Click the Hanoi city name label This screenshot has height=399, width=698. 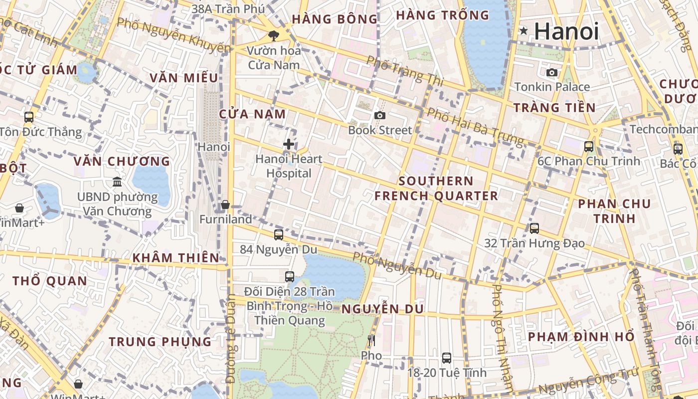pyautogui.click(x=566, y=31)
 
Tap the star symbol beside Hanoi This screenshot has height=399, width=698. pyautogui.click(x=523, y=31)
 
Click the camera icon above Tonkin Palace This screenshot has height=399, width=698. pyautogui.click(x=552, y=72)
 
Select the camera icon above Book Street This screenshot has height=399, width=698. pyautogui.click(x=380, y=115)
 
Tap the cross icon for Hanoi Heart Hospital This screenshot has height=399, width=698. pyautogui.click(x=288, y=144)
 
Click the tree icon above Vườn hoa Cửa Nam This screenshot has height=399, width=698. pyautogui.click(x=273, y=35)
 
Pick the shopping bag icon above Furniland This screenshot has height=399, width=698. pyautogui.click(x=225, y=204)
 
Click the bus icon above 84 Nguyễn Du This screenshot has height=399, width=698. pyautogui.click(x=279, y=234)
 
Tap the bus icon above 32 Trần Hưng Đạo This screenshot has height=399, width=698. pyautogui.click(x=534, y=228)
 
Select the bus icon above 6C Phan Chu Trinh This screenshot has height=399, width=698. pyautogui.click(x=589, y=147)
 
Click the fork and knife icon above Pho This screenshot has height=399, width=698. pyautogui.click(x=371, y=341)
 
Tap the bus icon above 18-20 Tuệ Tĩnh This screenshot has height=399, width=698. pyautogui.click(x=447, y=358)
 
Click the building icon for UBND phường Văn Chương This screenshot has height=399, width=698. pyautogui.click(x=117, y=182)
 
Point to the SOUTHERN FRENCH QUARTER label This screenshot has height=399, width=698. pyautogui.click(x=436, y=188)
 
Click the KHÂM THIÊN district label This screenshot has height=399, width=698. pyautogui.click(x=175, y=258)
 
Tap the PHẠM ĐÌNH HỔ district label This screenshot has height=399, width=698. pyautogui.click(x=581, y=337)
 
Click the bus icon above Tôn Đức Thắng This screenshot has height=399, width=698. pyautogui.click(x=29, y=117)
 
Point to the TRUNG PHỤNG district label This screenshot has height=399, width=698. pyautogui.click(x=160, y=342)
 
